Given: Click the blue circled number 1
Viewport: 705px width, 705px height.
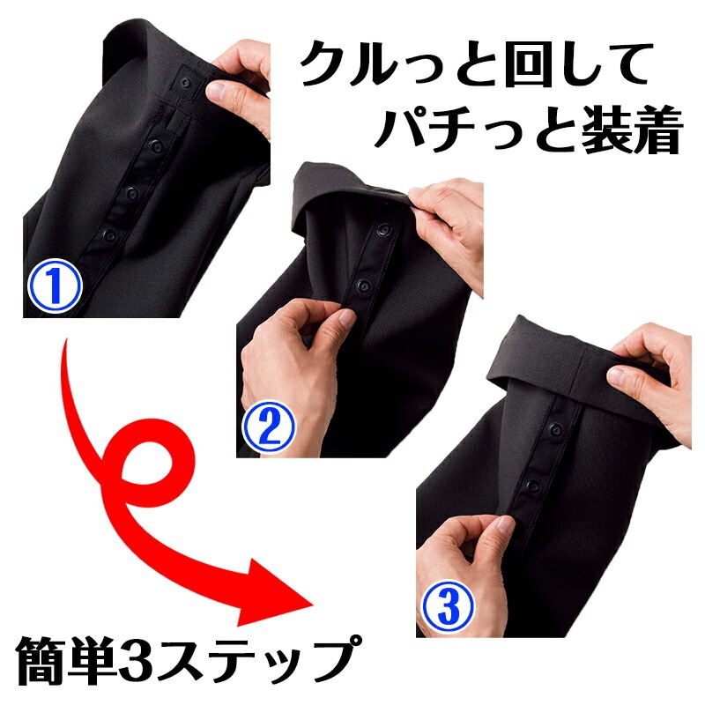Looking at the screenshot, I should tap(57, 284).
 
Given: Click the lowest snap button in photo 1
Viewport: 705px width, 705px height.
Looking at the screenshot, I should tap(110, 235).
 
